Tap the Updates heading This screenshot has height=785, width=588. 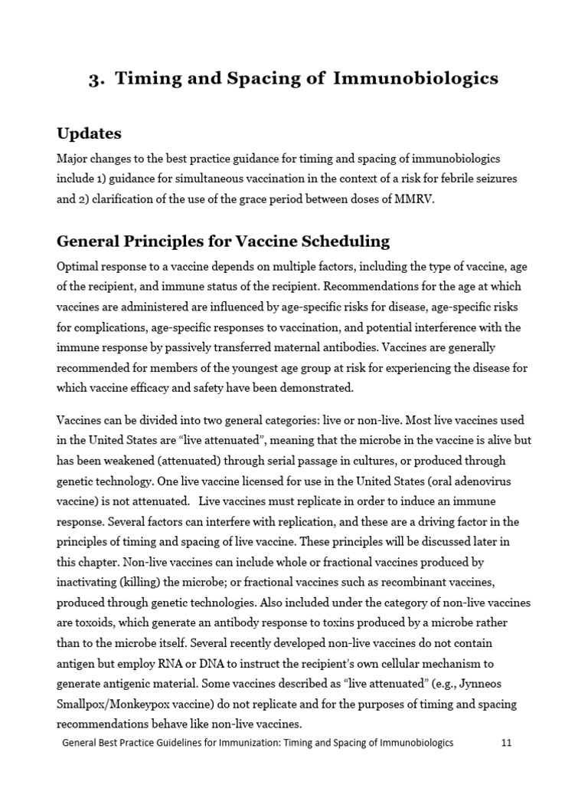(x=89, y=133)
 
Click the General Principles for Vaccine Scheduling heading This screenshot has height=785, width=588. (x=223, y=241)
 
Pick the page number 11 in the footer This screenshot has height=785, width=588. (x=506, y=742)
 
